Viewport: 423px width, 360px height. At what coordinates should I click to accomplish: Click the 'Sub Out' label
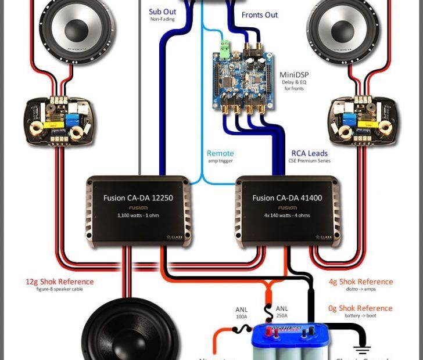(162, 12)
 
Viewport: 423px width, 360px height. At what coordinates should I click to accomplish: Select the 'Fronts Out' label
(260, 15)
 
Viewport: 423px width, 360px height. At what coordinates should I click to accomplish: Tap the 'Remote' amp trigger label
(220, 154)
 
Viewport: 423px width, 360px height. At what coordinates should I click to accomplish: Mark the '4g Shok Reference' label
(360, 282)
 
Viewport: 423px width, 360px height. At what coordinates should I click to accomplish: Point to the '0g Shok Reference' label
(360, 308)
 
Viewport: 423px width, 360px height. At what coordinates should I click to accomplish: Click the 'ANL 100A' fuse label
(242, 314)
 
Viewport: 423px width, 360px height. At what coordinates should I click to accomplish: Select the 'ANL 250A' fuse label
(282, 312)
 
